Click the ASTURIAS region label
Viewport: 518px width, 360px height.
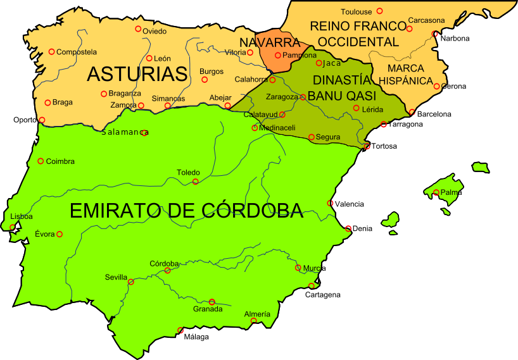click(x=137, y=74)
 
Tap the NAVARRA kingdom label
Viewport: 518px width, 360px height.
click(x=270, y=42)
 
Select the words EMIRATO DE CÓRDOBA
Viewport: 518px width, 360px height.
click(x=186, y=211)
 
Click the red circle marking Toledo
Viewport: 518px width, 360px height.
click(x=195, y=182)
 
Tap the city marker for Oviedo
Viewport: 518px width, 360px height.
click(x=138, y=28)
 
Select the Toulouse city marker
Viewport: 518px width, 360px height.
click(x=379, y=11)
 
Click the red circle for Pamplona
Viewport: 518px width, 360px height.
click(x=277, y=55)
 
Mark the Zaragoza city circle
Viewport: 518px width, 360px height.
click(x=303, y=97)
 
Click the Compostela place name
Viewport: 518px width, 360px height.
click(x=77, y=52)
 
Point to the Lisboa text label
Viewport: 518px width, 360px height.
click(x=22, y=216)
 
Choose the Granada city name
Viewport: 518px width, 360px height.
click(x=208, y=309)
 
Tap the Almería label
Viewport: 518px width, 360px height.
click(x=257, y=314)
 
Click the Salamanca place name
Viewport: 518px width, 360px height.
click(x=124, y=132)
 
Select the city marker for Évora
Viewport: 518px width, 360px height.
click(x=60, y=234)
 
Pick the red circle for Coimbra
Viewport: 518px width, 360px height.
click(x=41, y=161)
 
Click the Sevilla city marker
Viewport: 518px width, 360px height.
click(x=131, y=282)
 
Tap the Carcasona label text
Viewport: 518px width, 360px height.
click(x=426, y=20)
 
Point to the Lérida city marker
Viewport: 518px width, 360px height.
click(x=356, y=108)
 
